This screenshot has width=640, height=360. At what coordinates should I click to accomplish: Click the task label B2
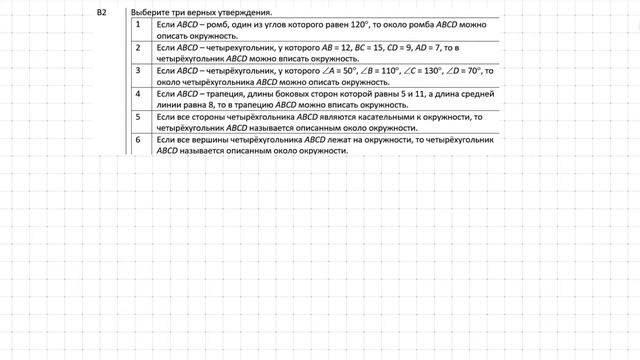(x=101, y=12)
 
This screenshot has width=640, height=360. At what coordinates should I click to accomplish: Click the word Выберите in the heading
(x=136, y=12)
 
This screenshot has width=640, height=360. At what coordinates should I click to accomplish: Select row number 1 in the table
(x=138, y=23)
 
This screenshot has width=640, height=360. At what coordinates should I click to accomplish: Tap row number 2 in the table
(x=138, y=47)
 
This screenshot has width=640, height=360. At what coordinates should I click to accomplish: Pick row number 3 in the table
(x=138, y=71)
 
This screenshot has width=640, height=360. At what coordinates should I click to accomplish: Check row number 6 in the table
(x=138, y=141)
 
